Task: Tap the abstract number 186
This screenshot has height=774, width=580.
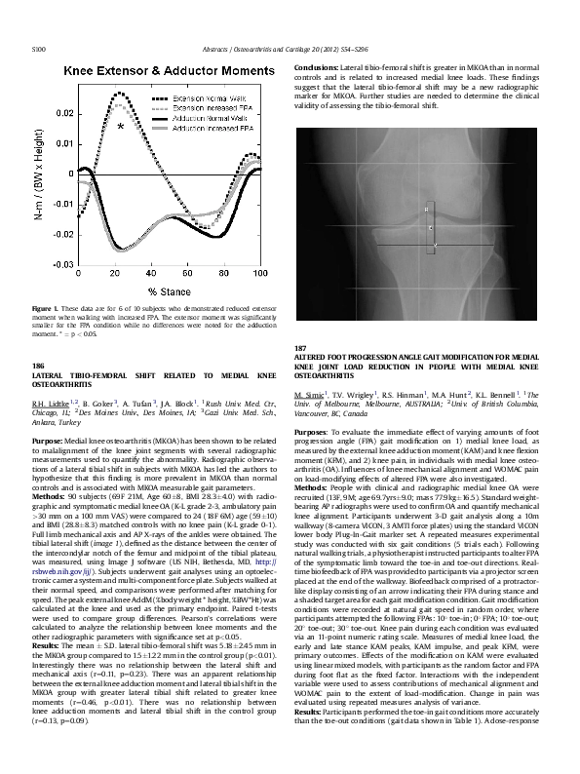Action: (39, 365)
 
